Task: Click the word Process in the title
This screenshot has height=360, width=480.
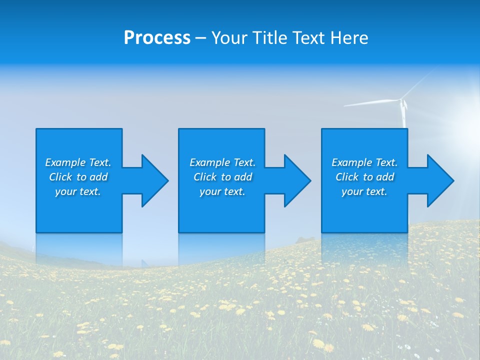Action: [x=157, y=38]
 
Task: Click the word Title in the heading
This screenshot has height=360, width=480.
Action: [x=268, y=38]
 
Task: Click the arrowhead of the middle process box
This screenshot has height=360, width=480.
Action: [x=297, y=180]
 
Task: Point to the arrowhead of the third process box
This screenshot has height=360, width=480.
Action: [x=440, y=180]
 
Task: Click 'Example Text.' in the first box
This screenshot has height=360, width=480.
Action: [x=78, y=162]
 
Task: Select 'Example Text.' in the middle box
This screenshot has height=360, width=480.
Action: [x=222, y=162]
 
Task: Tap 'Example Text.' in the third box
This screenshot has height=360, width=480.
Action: [x=364, y=162]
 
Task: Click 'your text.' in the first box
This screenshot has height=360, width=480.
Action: [x=78, y=191]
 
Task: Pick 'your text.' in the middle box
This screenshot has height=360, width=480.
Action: [x=222, y=191]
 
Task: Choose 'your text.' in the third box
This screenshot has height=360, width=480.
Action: [x=364, y=191]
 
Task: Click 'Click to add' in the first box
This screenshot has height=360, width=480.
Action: [x=78, y=177]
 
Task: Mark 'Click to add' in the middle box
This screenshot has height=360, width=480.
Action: [x=222, y=177]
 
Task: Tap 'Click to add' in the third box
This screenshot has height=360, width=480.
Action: [x=364, y=177]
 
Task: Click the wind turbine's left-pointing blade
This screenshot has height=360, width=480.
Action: [x=370, y=102]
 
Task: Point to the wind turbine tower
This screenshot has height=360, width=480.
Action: [x=404, y=117]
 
